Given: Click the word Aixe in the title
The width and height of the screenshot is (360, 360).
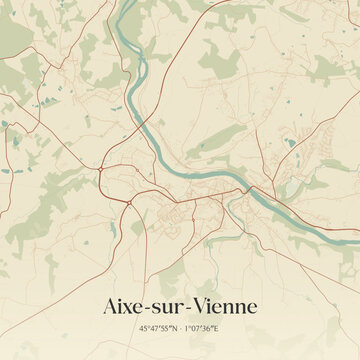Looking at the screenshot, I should (124, 304).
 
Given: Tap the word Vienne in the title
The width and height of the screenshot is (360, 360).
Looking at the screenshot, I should (223, 304).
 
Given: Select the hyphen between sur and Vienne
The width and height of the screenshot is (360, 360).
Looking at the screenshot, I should (187, 306).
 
